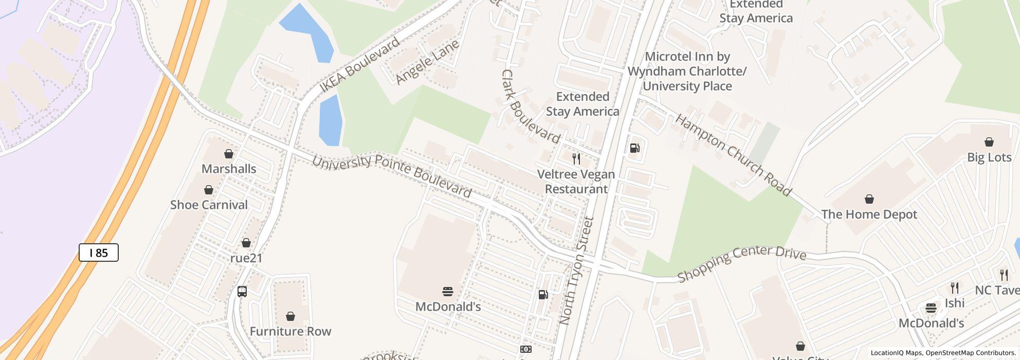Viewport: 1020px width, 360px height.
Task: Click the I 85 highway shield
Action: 99,253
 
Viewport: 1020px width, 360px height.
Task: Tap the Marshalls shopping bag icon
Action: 229,154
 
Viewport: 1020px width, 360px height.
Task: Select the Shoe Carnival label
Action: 209,205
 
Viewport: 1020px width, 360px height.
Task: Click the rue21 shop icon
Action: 246,243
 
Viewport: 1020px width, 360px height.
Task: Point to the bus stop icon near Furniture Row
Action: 242,292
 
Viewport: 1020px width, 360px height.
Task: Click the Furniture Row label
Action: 290,331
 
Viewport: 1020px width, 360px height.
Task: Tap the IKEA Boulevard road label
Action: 359,65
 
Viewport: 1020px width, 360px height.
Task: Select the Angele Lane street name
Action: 427,62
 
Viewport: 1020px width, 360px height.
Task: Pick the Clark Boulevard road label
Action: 530,107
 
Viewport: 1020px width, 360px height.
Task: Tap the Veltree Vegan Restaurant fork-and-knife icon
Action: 576,158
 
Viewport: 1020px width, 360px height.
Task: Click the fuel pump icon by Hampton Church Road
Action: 635,148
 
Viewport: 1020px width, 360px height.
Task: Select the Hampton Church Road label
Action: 733,155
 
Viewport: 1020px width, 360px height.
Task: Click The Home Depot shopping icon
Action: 869,199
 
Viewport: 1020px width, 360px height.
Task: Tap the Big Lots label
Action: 989,157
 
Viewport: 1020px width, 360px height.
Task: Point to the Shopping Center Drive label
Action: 741,263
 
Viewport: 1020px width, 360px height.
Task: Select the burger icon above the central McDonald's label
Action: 448,292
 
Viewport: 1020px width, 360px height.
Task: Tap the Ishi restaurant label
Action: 954,303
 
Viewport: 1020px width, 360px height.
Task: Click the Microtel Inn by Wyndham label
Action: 687,71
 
